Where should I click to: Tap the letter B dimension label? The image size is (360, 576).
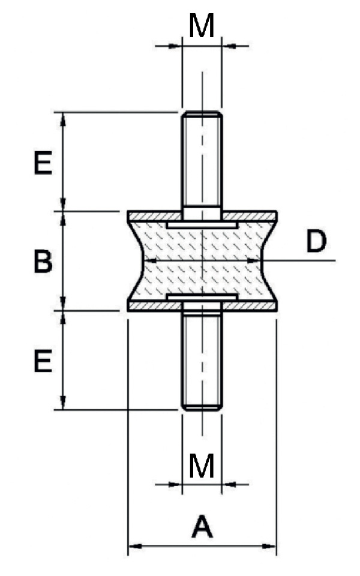[43, 262]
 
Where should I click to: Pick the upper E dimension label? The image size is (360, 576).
[43, 163]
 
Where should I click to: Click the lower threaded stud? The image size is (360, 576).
[202, 360]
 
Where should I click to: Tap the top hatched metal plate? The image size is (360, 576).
[150, 215]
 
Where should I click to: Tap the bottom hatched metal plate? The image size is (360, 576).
[150, 307]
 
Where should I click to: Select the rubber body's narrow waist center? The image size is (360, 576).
[202, 261]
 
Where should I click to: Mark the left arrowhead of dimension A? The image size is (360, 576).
[133, 546]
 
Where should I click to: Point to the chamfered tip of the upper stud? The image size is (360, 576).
[202, 114]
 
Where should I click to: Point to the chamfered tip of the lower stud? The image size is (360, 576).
[202, 407]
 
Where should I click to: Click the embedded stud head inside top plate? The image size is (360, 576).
[202, 224]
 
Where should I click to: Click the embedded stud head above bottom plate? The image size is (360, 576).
[202, 298]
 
